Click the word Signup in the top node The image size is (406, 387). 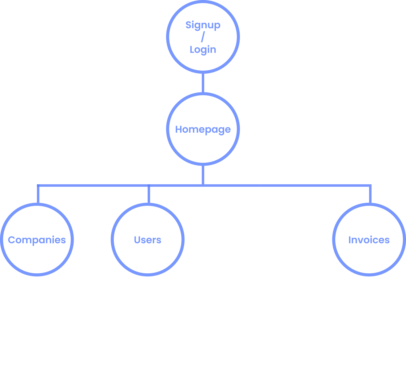[203, 25]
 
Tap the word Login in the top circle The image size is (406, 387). [203, 49]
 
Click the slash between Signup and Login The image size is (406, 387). [203, 37]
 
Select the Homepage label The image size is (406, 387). [203, 129]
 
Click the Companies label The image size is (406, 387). [37, 240]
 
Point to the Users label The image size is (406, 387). [148, 240]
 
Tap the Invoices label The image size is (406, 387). [369, 240]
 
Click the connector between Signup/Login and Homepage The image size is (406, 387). [203, 83]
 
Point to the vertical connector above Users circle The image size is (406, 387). [149, 194]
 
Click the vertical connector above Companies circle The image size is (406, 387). [38, 194]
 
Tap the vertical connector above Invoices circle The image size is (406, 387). [370, 194]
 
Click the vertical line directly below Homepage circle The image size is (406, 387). [203, 175]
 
